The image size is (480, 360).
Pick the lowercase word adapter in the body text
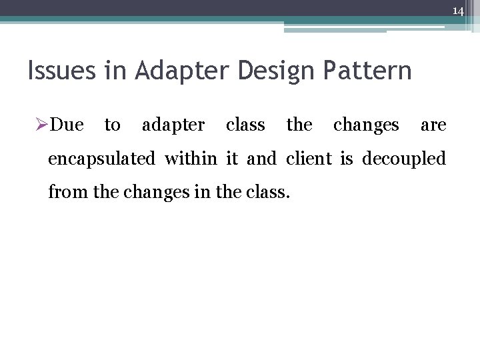point(173,125)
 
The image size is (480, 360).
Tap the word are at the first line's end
point(433,125)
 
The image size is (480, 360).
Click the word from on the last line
point(65,194)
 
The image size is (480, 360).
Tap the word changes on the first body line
point(366,125)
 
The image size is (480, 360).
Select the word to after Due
point(113,125)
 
